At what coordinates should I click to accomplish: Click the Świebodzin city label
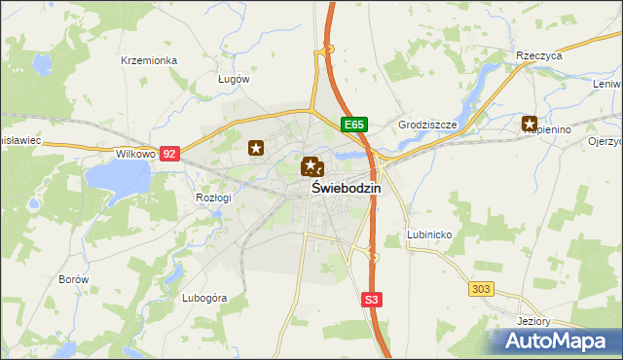point(347,189)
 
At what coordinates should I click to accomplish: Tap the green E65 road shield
point(354,126)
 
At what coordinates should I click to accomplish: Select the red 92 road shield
point(170,154)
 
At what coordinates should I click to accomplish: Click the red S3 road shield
point(371,301)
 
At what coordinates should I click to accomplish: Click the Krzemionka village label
point(149,60)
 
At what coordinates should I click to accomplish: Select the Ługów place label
point(234,79)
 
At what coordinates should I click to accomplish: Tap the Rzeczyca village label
point(540,56)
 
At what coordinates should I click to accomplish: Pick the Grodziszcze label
point(427,126)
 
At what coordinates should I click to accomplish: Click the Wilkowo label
point(135,154)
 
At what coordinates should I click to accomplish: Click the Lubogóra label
point(203,298)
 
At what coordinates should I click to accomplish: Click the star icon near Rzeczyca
point(530,124)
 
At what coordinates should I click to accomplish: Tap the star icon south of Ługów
point(256,148)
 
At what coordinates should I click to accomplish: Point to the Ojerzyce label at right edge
point(605,141)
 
